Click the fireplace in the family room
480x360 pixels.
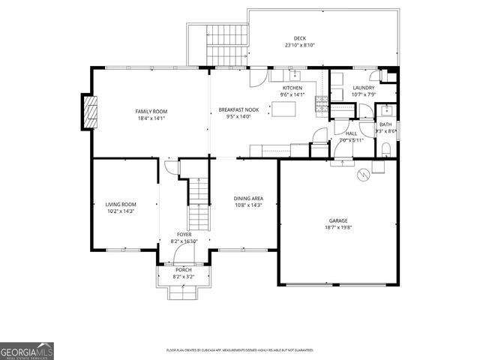point(90,112)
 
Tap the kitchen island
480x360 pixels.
point(283,109)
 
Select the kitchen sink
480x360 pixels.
point(295,75)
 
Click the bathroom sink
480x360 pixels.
point(382,110)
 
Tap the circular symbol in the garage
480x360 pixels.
point(363,175)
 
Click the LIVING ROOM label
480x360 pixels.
point(120,204)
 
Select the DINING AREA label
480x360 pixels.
point(248,198)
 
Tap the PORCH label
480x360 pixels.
point(183,270)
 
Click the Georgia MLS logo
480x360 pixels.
point(27,349)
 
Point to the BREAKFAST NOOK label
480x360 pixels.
point(238,109)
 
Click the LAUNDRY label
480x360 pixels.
point(363,88)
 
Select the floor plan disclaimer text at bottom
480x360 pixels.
point(240,350)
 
